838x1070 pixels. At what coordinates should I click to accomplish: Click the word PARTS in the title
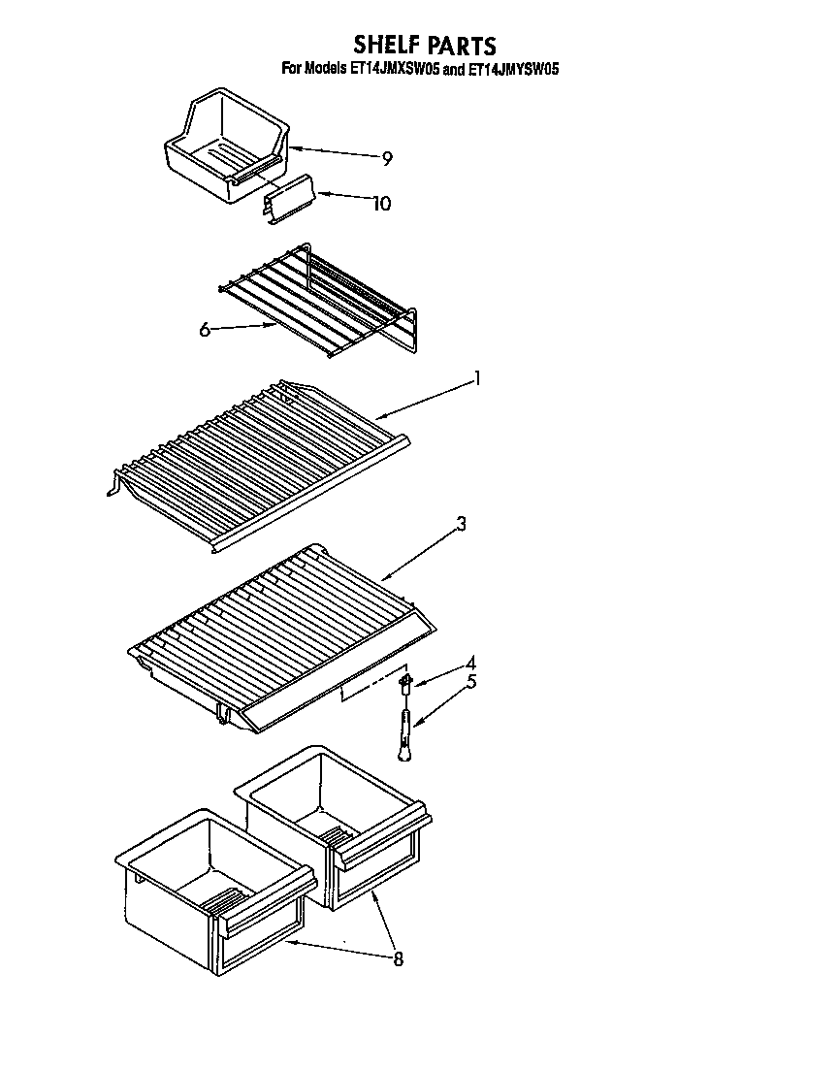point(460,45)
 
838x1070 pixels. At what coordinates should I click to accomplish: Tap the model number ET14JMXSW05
point(393,69)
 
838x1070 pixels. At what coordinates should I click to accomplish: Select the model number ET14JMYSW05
point(513,69)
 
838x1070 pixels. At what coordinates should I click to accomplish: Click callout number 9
point(387,159)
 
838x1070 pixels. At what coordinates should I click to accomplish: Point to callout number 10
point(382,203)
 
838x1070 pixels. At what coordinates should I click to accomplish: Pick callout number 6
point(205,330)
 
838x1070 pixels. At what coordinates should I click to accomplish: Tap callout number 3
point(462,524)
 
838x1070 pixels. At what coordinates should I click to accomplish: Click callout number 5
point(471,681)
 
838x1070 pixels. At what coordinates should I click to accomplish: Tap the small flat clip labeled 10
point(289,199)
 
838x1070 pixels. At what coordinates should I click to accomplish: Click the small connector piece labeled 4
point(405,684)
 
